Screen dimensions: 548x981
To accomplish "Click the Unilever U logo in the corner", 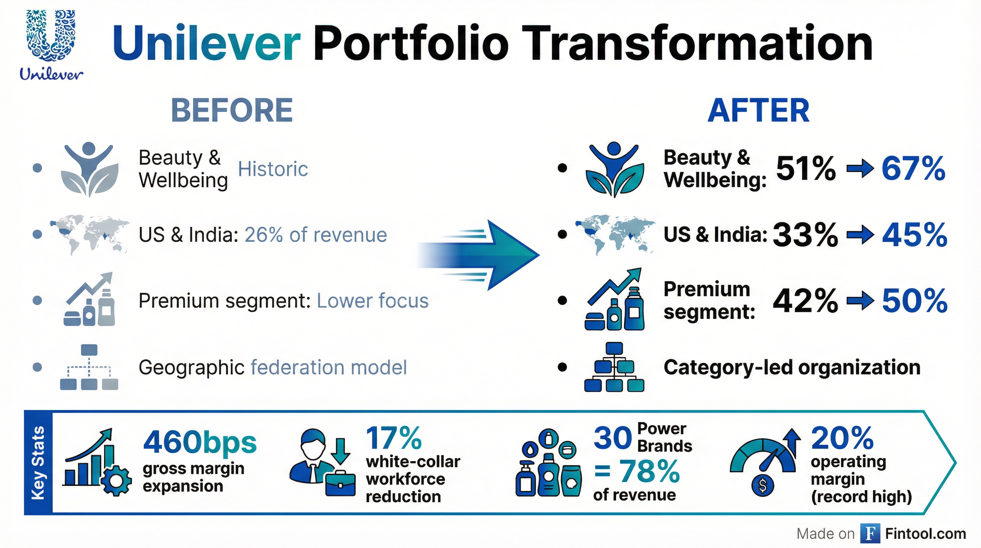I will [51, 36].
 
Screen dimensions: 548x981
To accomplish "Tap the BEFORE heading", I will [232, 110].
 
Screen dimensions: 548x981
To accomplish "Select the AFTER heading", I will [758, 110].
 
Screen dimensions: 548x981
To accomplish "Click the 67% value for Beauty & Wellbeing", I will [913, 168].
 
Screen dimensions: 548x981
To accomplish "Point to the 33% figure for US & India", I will [805, 235].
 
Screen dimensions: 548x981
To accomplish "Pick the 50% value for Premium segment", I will [914, 301].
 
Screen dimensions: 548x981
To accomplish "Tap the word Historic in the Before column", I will [273, 169].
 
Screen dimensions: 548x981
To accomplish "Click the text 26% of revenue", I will [316, 235].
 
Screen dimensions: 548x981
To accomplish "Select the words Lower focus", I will [373, 301].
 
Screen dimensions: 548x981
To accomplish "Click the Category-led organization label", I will [792, 368].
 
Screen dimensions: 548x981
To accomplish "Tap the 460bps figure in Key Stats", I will [200, 442].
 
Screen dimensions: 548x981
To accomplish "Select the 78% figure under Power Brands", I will [649, 471].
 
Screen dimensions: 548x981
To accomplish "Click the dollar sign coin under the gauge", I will [762, 486].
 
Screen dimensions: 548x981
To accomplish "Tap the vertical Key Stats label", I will [38, 463].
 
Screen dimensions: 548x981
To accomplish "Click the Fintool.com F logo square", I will [870, 533].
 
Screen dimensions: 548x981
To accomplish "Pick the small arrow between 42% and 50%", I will [860, 301].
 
